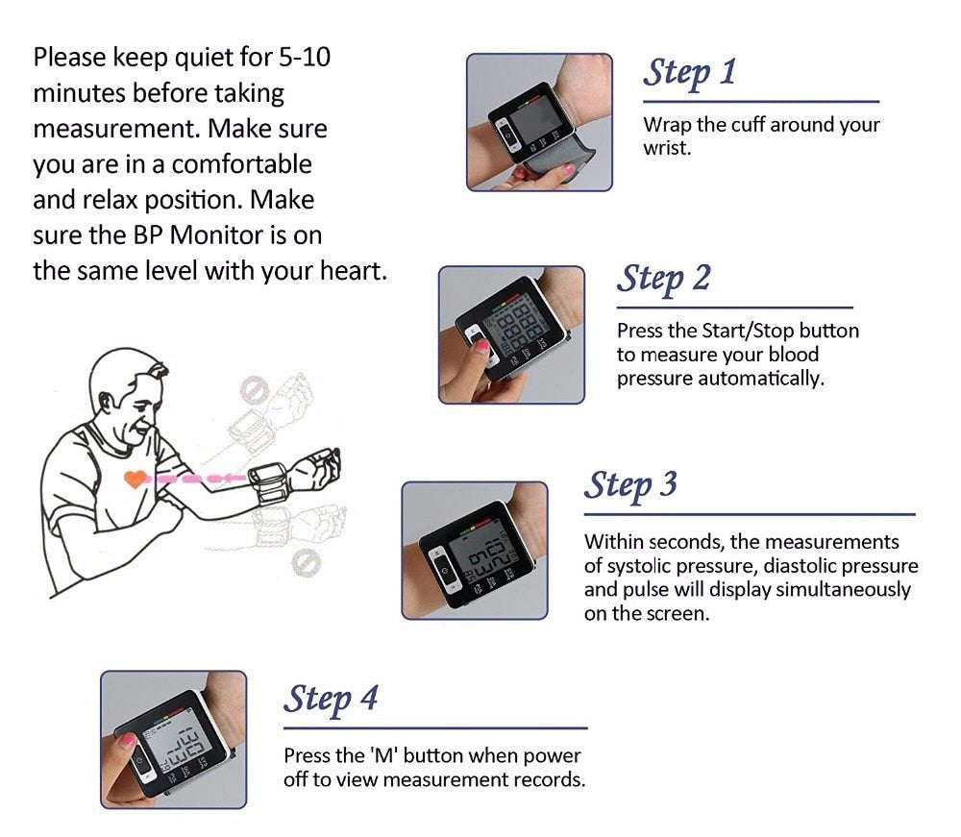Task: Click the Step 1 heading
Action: pyautogui.click(x=689, y=72)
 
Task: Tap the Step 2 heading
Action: pyautogui.click(x=663, y=279)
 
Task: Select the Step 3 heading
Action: pyautogui.click(x=630, y=485)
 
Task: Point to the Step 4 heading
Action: pyautogui.click(x=331, y=699)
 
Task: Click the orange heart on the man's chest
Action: pyautogui.click(x=136, y=478)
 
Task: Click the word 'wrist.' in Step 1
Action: pyautogui.click(x=667, y=149)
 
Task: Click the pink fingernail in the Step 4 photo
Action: pyautogui.click(x=126, y=741)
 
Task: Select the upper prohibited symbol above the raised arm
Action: pyautogui.click(x=252, y=389)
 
